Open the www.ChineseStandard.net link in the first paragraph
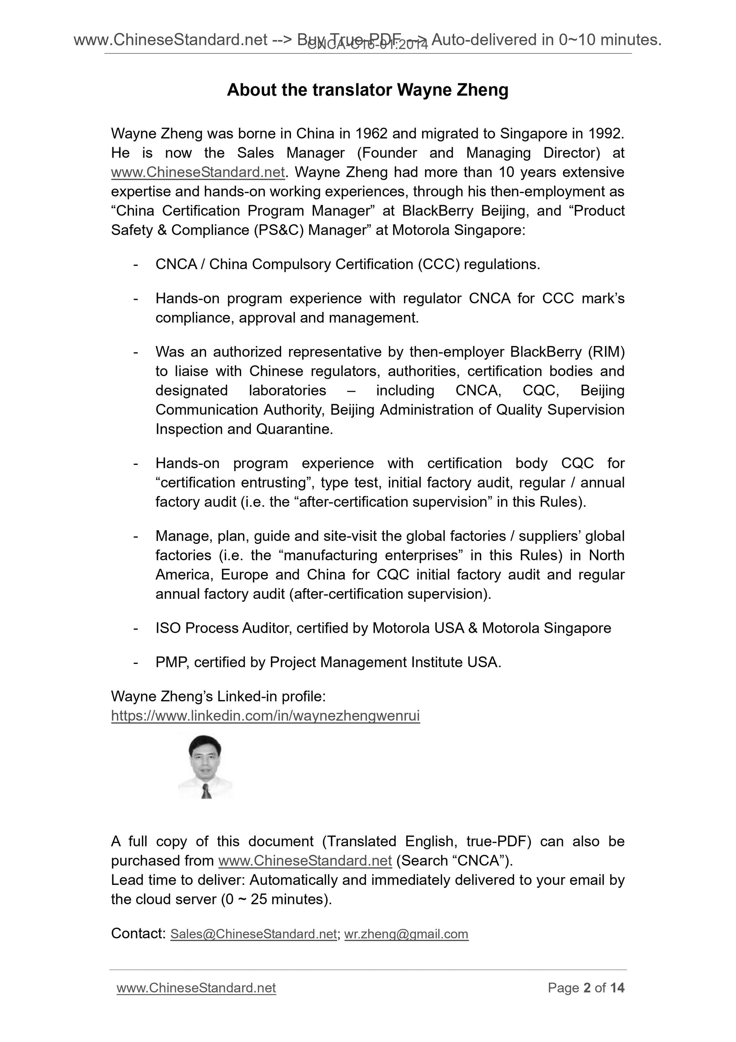(x=198, y=173)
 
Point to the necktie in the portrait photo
(x=207, y=792)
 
